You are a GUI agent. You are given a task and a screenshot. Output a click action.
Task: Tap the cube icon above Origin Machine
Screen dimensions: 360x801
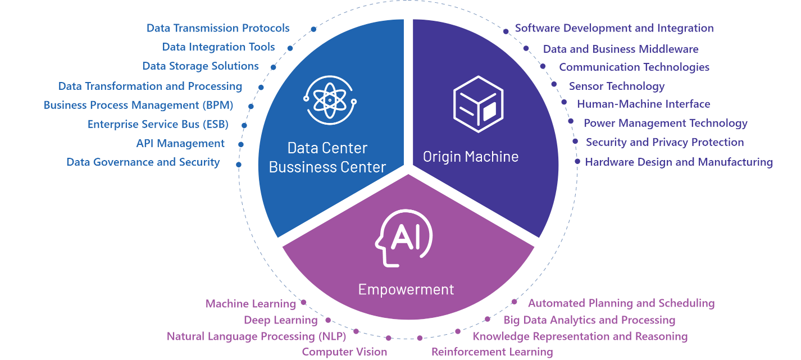tap(477, 104)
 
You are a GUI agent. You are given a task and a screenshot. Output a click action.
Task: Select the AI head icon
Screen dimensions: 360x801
tap(404, 239)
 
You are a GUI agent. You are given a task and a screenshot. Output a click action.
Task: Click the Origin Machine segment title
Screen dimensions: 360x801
tap(471, 157)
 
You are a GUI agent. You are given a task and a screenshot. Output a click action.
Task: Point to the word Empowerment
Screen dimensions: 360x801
tap(406, 290)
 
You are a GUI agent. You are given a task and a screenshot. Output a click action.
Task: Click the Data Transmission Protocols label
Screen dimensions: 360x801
tap(218, 28)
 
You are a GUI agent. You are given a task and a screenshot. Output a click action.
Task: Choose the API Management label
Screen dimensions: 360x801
tap(180, 143)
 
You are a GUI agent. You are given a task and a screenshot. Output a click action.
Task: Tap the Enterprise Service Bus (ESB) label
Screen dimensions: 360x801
tap(160, 124)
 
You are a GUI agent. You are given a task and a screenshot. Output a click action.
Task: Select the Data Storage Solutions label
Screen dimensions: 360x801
tap(201, 66)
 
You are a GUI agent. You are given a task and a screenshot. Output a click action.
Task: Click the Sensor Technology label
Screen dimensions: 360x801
tap(616, 86)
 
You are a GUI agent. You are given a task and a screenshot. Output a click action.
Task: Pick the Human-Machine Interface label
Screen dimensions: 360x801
tap(643, 104)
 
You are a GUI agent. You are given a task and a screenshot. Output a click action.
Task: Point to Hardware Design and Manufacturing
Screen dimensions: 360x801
tap(679, 162)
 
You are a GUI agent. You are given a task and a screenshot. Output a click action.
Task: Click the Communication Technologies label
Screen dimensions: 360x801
tap(634, 67)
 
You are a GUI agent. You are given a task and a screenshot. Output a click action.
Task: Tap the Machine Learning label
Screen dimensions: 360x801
tap(251, 304)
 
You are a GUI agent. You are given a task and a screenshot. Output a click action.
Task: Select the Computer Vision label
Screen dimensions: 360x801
tap(344, 352)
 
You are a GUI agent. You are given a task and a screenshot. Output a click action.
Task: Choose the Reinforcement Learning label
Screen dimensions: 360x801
tap(492, 352)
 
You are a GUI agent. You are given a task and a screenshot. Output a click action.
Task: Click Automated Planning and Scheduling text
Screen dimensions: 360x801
tap(621, 304)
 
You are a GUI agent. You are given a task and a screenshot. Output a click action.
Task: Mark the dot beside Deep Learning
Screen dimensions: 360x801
tap(328, 321)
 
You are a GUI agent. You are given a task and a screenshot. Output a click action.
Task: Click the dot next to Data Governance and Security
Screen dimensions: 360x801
tap(239, 165)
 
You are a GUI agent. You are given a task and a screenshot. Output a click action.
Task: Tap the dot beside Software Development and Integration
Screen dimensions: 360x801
tap(506, 32)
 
